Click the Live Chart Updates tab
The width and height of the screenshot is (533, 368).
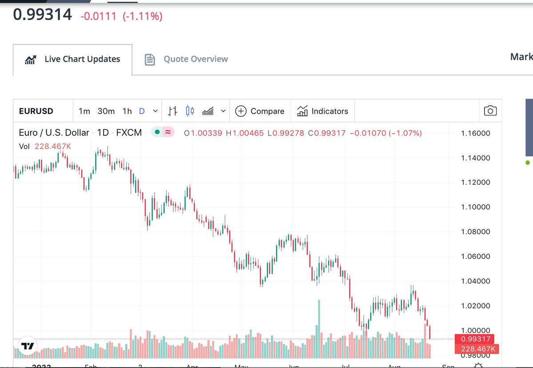tap(73, 59)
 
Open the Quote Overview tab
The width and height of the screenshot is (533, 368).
tap(187, 59)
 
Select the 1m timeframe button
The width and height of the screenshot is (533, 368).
tap(84, 111)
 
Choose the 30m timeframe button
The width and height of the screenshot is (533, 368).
tap(106, 111)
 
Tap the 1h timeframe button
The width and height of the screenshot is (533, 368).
tap(127, 111)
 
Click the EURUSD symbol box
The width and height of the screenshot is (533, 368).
tap(36, 111)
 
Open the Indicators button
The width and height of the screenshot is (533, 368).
tap(322, 111)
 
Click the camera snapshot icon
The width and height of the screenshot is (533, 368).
tap(490, 111)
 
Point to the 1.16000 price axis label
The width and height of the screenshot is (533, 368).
tap(475, 133)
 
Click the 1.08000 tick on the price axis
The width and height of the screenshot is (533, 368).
tap(475, 232)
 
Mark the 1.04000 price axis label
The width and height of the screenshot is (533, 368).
tap(475, 281)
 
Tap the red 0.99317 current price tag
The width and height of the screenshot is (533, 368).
tap(475, 339)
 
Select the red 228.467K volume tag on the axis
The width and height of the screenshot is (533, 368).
tap(475, 349)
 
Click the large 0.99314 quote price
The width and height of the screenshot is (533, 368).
tap(42, 15)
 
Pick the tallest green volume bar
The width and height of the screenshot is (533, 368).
tap(319, 328)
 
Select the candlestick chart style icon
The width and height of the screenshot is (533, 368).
tap(190, 111)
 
